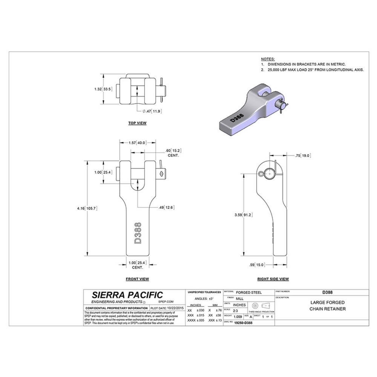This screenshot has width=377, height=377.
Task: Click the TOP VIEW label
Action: (x=137, y=123)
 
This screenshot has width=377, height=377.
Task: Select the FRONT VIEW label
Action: (x=137, y=279)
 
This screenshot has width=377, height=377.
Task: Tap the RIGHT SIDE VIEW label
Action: (x=273, y=279)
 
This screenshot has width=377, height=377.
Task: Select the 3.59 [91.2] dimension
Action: (x=243, y=215)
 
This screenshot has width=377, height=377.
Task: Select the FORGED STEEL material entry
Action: (x=248, y=292)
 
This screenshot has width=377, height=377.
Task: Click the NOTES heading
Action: (x=268, y=60)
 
